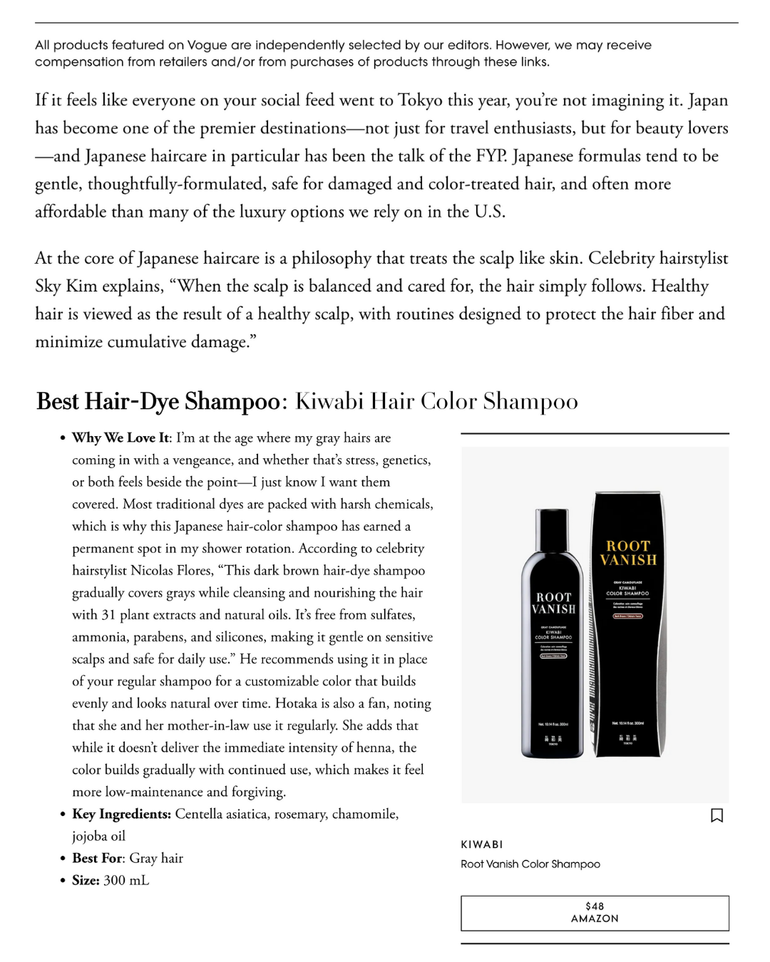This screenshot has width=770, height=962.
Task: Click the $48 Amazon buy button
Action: tap(595, 913)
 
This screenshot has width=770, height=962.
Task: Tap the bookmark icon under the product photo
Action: tap(717, 815)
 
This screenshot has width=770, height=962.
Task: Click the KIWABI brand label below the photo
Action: tap(482, 844)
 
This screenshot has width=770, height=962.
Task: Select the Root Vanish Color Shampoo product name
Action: tap(530, 864)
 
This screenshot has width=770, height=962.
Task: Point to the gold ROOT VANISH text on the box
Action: tap(628, 553)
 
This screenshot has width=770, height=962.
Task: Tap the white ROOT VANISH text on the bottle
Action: tap(553, 603)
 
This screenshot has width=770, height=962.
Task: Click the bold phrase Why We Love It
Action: tap(120, 438)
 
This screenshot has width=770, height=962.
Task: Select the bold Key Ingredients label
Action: tap(121, 814)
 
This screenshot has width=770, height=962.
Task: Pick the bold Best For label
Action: tap(98, 858)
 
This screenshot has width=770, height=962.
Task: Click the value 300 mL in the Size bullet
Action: tap(126, 880)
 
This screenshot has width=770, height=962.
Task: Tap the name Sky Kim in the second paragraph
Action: tap(66, 286)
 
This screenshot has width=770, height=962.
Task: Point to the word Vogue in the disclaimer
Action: tap(207, 46)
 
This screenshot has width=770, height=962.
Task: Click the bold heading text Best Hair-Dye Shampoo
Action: tap(158, 401)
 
